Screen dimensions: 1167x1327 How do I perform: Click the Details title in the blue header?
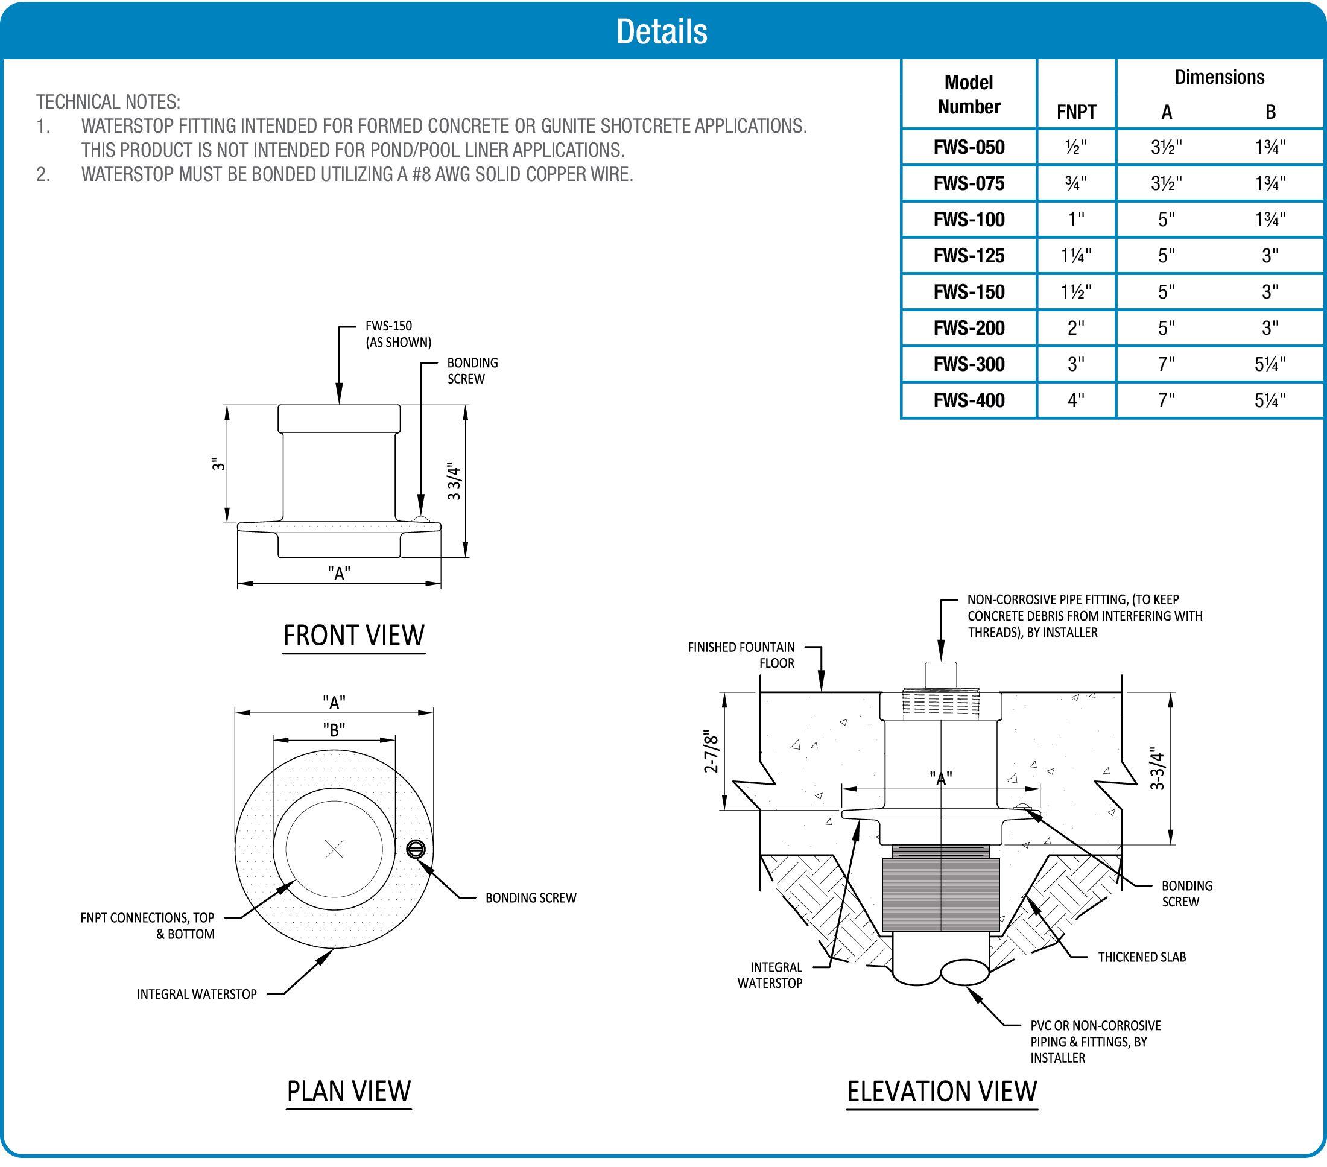(x=662, y=31)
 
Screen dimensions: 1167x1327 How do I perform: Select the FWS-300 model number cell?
(x=969, y=364)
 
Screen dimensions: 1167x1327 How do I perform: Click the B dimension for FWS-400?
(x=1270, y=400)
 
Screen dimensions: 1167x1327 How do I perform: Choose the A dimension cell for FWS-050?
(x=1166, y=147)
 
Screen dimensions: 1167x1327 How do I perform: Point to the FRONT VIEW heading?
(x=354, y=636)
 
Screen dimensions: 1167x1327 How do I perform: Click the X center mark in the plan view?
(x=334, y=849)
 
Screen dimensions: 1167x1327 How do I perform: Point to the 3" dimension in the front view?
(x=219, y=465)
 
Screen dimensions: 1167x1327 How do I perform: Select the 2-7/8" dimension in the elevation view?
(x=712, y=753)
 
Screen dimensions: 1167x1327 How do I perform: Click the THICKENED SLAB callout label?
(x=1141, y=957)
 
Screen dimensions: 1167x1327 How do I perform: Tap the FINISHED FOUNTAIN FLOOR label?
(x=741, y=654)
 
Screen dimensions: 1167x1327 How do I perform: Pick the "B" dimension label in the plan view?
(x=334, y=730)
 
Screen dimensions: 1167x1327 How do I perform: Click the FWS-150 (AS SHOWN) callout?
(x=398, y=334)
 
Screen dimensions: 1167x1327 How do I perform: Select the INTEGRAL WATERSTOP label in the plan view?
(x=197, y=994)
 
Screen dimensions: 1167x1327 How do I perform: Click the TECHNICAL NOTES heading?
(x=109, y=102)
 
